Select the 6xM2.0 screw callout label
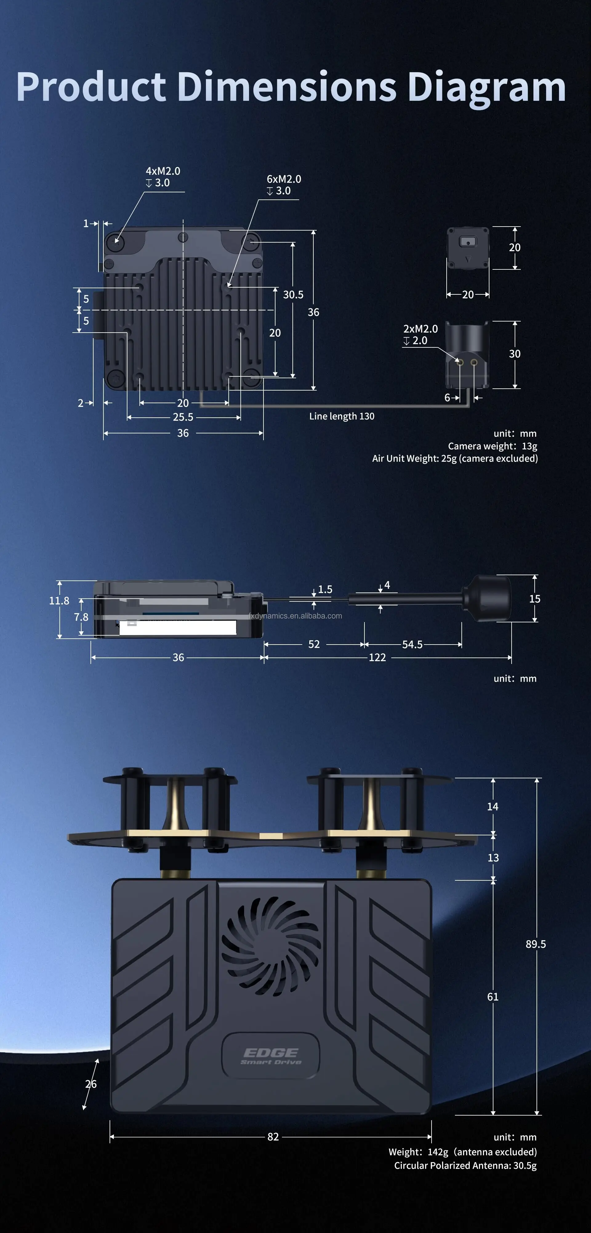[x=283, y=185]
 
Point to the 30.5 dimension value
[x=293, y=294]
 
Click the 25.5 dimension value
[x=183, y=417]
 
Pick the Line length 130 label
[x=342, y=416]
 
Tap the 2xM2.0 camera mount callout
[x=420, y=334]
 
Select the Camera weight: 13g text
[x=492, y=446]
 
